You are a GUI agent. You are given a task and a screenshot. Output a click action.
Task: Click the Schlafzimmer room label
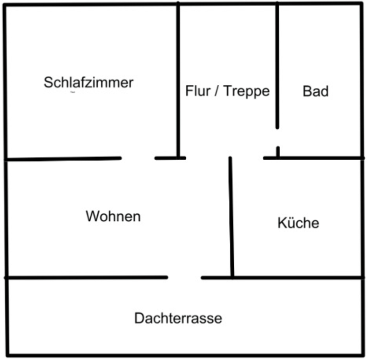pyautogui.click(x=89, y=82)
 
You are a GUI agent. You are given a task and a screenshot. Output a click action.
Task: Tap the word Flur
pyautogui.click(x=197, y=91)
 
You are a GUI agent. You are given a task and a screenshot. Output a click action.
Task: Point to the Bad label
pyautogui.click(x=315, y=91)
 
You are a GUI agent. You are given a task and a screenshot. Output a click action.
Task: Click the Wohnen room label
pyautogui.click(x=113, y=216)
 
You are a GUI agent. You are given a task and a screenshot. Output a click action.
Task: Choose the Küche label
pyautogui.click(x=298, y=223)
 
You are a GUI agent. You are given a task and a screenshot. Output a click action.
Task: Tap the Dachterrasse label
pyautogui.click(x=178, y=318)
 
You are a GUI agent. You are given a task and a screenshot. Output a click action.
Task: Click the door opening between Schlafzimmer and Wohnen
pyautogui.click(x=138, y=158)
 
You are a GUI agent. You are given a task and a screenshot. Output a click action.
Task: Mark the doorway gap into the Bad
pyautogui.click(x=278, y=137)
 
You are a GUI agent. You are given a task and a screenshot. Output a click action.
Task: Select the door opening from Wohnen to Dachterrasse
pyautogui.click(x=184, y=277)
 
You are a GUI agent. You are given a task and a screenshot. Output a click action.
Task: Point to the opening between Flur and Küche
pyautogui.click(x=246, y=158)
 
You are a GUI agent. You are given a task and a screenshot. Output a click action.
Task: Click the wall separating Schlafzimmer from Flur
pyautogui.click(x=178, y=77)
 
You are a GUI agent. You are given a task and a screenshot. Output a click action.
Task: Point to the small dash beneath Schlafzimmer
pyautogui.click(x=72, y=93)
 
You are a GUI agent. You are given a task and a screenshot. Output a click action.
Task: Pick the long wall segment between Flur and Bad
pyautogui.click(x=277, y=65)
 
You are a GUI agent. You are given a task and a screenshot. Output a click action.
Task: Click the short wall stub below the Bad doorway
pyautogui.click(x=278, y=152)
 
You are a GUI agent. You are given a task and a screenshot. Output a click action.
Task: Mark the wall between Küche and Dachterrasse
pyautogui.click(x=297, y=277)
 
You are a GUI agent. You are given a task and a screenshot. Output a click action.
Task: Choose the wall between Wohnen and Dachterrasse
pyautogui.click(x=86, y=277)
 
